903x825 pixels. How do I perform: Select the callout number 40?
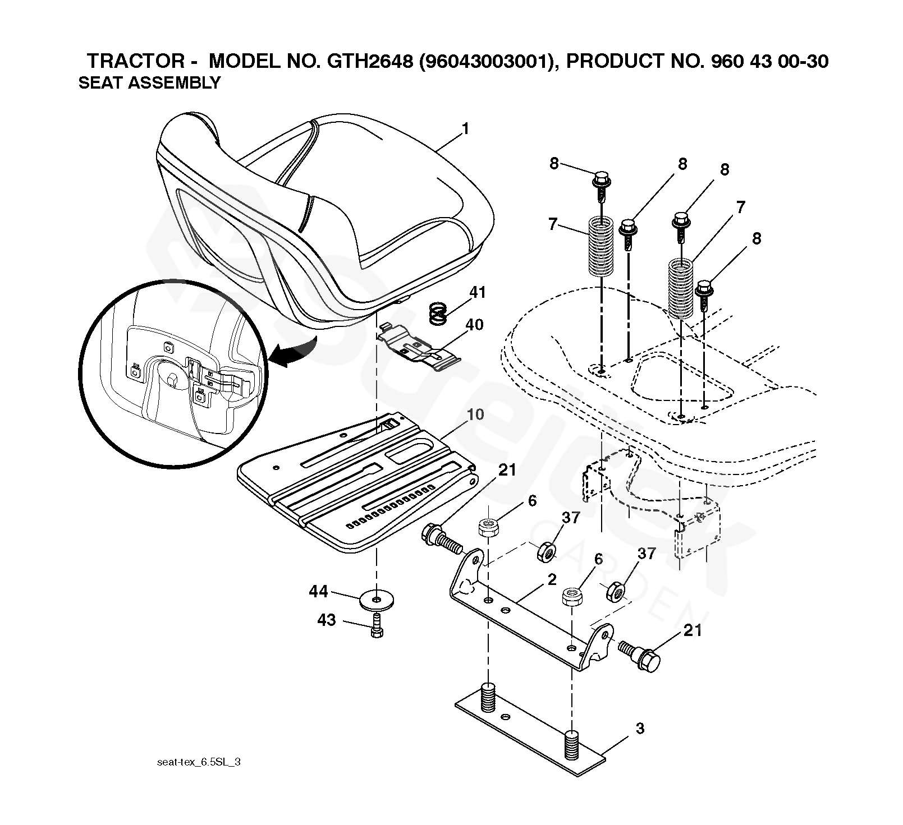click(474, 325)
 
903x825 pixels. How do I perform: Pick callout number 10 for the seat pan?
click(475, 416)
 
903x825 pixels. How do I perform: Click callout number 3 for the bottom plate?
click(640, 729)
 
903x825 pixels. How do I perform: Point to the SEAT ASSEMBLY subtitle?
click(149, 83)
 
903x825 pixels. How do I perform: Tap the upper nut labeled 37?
click(546, 552)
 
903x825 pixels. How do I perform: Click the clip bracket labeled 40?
click(419, 348)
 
